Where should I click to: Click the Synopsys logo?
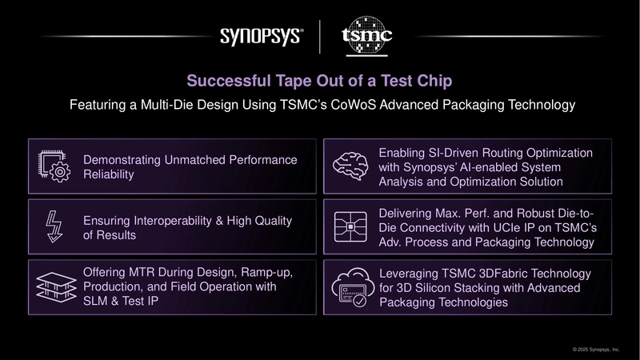[x=261, y=36]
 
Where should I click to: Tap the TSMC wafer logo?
[x=366, y=36]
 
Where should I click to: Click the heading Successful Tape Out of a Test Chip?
[x=319, y=81]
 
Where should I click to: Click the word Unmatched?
[x=190, y=159]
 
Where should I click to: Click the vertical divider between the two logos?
[x=320, y=37]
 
